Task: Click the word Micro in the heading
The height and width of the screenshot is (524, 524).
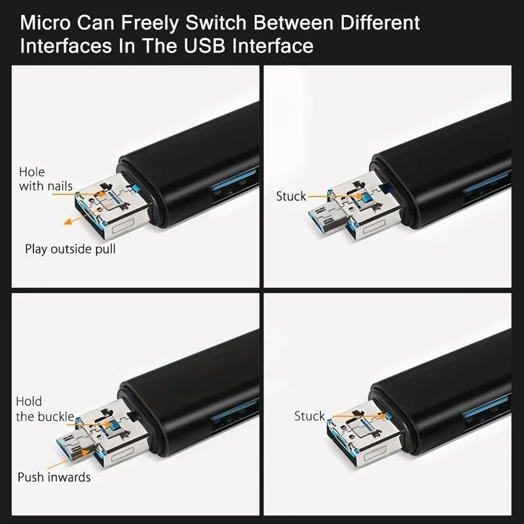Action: click(47, 24)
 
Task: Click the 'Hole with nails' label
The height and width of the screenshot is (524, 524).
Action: click(45, 179)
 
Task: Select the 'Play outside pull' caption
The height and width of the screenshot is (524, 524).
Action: click(71, 249)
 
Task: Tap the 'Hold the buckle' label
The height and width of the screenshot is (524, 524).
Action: click(45, 409)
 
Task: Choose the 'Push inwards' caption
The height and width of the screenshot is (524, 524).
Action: click(54, 477)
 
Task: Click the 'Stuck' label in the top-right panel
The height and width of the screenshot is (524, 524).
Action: click(291, 196)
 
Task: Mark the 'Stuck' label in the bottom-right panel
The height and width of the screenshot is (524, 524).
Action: click(309, 417)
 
